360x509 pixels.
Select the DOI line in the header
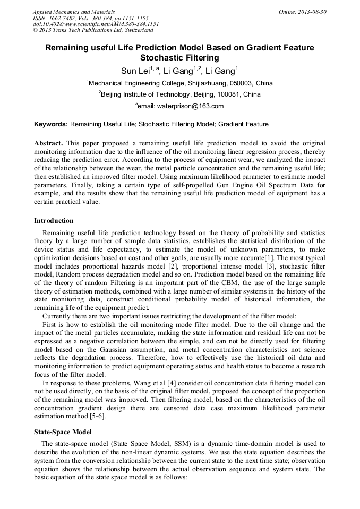coord(96,24)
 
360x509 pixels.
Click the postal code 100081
coord(229,94)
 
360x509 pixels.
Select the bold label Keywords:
coord(51,124)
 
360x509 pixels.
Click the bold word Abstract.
coord(48,143)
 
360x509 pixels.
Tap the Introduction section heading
coord(54,221)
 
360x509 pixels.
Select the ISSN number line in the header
coord(91,18)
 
